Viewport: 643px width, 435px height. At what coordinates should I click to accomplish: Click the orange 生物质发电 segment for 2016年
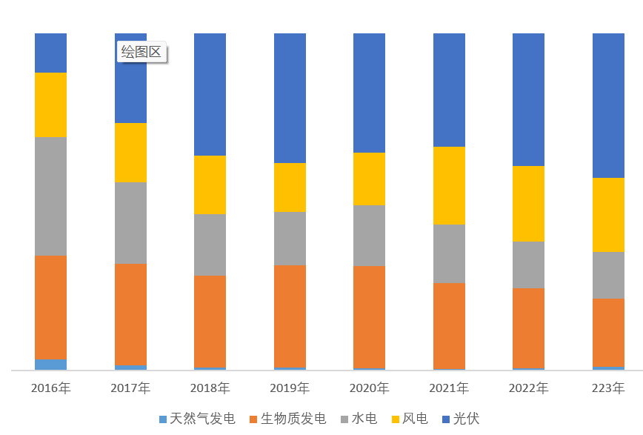[x=50, y=308]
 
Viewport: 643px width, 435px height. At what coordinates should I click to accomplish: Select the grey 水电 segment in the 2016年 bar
[x=50, y=196]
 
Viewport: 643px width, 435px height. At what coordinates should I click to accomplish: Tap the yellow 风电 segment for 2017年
[x=130, y=153]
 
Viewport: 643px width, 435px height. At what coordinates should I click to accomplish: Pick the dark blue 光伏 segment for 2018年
[x=210, y=94]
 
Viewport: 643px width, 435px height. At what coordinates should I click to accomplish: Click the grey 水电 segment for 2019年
[x=290, y=239]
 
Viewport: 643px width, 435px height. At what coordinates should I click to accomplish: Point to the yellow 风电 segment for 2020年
[x=369, y=179]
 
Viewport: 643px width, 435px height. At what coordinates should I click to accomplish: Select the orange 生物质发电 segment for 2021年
[x=449, y=325]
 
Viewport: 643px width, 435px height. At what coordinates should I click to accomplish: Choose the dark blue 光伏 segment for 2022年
[x=528, y=99]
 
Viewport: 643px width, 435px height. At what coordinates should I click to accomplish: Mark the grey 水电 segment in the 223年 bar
[x=608, y=275]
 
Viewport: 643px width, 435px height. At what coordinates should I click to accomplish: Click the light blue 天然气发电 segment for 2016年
[x=50, y=365]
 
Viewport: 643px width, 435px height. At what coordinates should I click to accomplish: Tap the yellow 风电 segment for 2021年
[x=449, y=185]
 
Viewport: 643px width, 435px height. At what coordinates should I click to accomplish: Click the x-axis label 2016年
[x=50, y=388]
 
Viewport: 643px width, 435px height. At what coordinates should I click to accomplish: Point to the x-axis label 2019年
[x=290, y=388]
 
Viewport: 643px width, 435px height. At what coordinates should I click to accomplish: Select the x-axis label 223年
[x=608, y=388]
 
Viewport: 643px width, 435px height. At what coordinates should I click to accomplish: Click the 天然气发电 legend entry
[x=197, y=419]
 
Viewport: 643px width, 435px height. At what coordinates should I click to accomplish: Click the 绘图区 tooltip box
[x=141, y=53]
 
